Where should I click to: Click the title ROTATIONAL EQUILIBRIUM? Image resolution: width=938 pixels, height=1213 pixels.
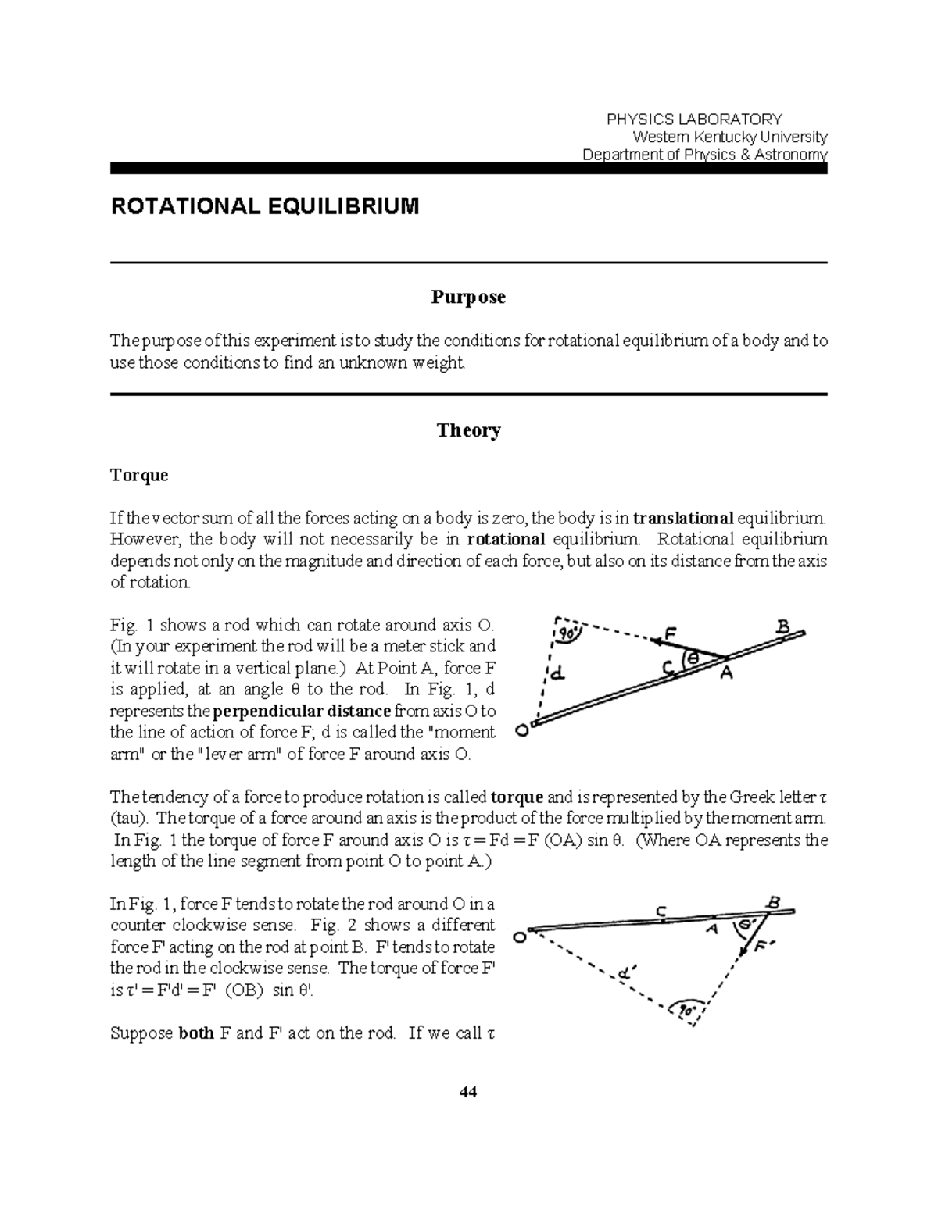point(265,206)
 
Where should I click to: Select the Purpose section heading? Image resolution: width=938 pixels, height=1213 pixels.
point(468,297)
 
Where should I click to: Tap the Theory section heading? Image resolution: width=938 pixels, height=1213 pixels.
point(468,430)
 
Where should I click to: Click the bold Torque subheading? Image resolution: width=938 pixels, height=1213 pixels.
point(139,475)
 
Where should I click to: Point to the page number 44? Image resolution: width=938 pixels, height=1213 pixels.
point(468,1092)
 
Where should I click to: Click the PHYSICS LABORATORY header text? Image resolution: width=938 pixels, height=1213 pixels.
point(694,119)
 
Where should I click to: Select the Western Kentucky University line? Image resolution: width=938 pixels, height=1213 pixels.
point(735,137)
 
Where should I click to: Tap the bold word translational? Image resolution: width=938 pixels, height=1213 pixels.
point(683,518)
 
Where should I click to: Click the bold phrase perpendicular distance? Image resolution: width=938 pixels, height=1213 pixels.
point(302,711)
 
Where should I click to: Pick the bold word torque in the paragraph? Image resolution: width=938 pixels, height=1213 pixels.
point(516,797)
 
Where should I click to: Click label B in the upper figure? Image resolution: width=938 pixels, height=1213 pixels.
point(782,626)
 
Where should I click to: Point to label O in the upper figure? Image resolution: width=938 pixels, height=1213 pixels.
point(521,731)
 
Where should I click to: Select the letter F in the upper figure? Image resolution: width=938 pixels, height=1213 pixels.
point(670,632)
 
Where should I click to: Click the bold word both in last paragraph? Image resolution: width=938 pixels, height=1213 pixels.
point(196,1033)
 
